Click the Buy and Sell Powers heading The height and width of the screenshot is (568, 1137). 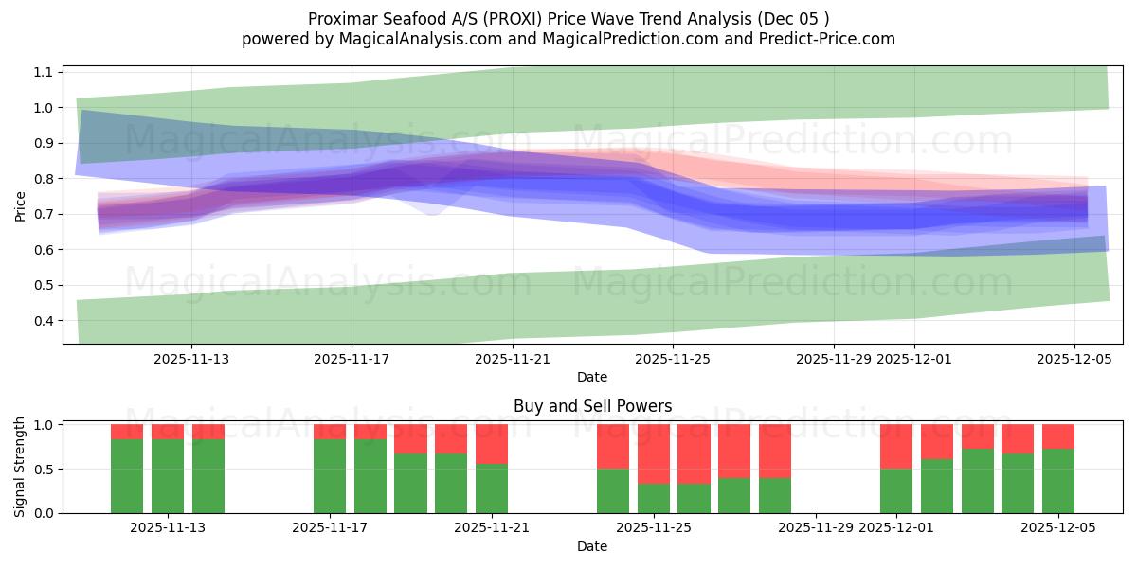[x=592, y=406]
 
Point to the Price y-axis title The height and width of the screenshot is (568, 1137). [x=21, y=204]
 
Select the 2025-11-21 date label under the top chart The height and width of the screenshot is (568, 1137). [x=513, y=359]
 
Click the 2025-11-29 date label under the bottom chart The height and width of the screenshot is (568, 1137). [x=816, y=528]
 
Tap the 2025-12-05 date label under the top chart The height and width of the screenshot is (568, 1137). [x=1074, y=359]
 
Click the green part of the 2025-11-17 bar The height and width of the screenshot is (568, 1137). [x=330, y=476]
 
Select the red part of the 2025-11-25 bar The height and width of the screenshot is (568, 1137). [x=653, y=453]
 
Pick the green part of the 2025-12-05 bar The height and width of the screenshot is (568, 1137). [x=1058, y=481]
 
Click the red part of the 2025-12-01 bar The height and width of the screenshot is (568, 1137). [x=896, y=446]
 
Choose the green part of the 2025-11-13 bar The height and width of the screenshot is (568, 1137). [x=168, y=476]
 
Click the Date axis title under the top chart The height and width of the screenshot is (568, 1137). [x=592, y=377]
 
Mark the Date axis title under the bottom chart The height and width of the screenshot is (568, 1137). [x=592, y=546]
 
